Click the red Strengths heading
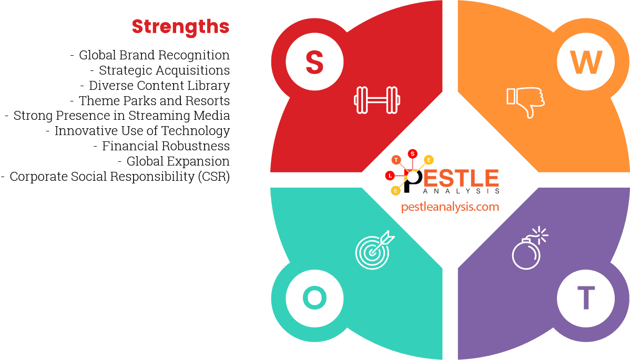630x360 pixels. [x=180, y=26]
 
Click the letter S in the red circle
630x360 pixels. [x=314, y=62]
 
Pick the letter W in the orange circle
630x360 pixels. [x=586, y=62]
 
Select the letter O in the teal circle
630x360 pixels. [x=314, y=298]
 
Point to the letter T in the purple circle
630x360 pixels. [x=586, y=298]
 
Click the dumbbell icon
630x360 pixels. [x=377, y=99]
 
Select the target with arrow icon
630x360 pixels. [x=374, y=250]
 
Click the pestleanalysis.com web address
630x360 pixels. [x=450, y=207]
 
